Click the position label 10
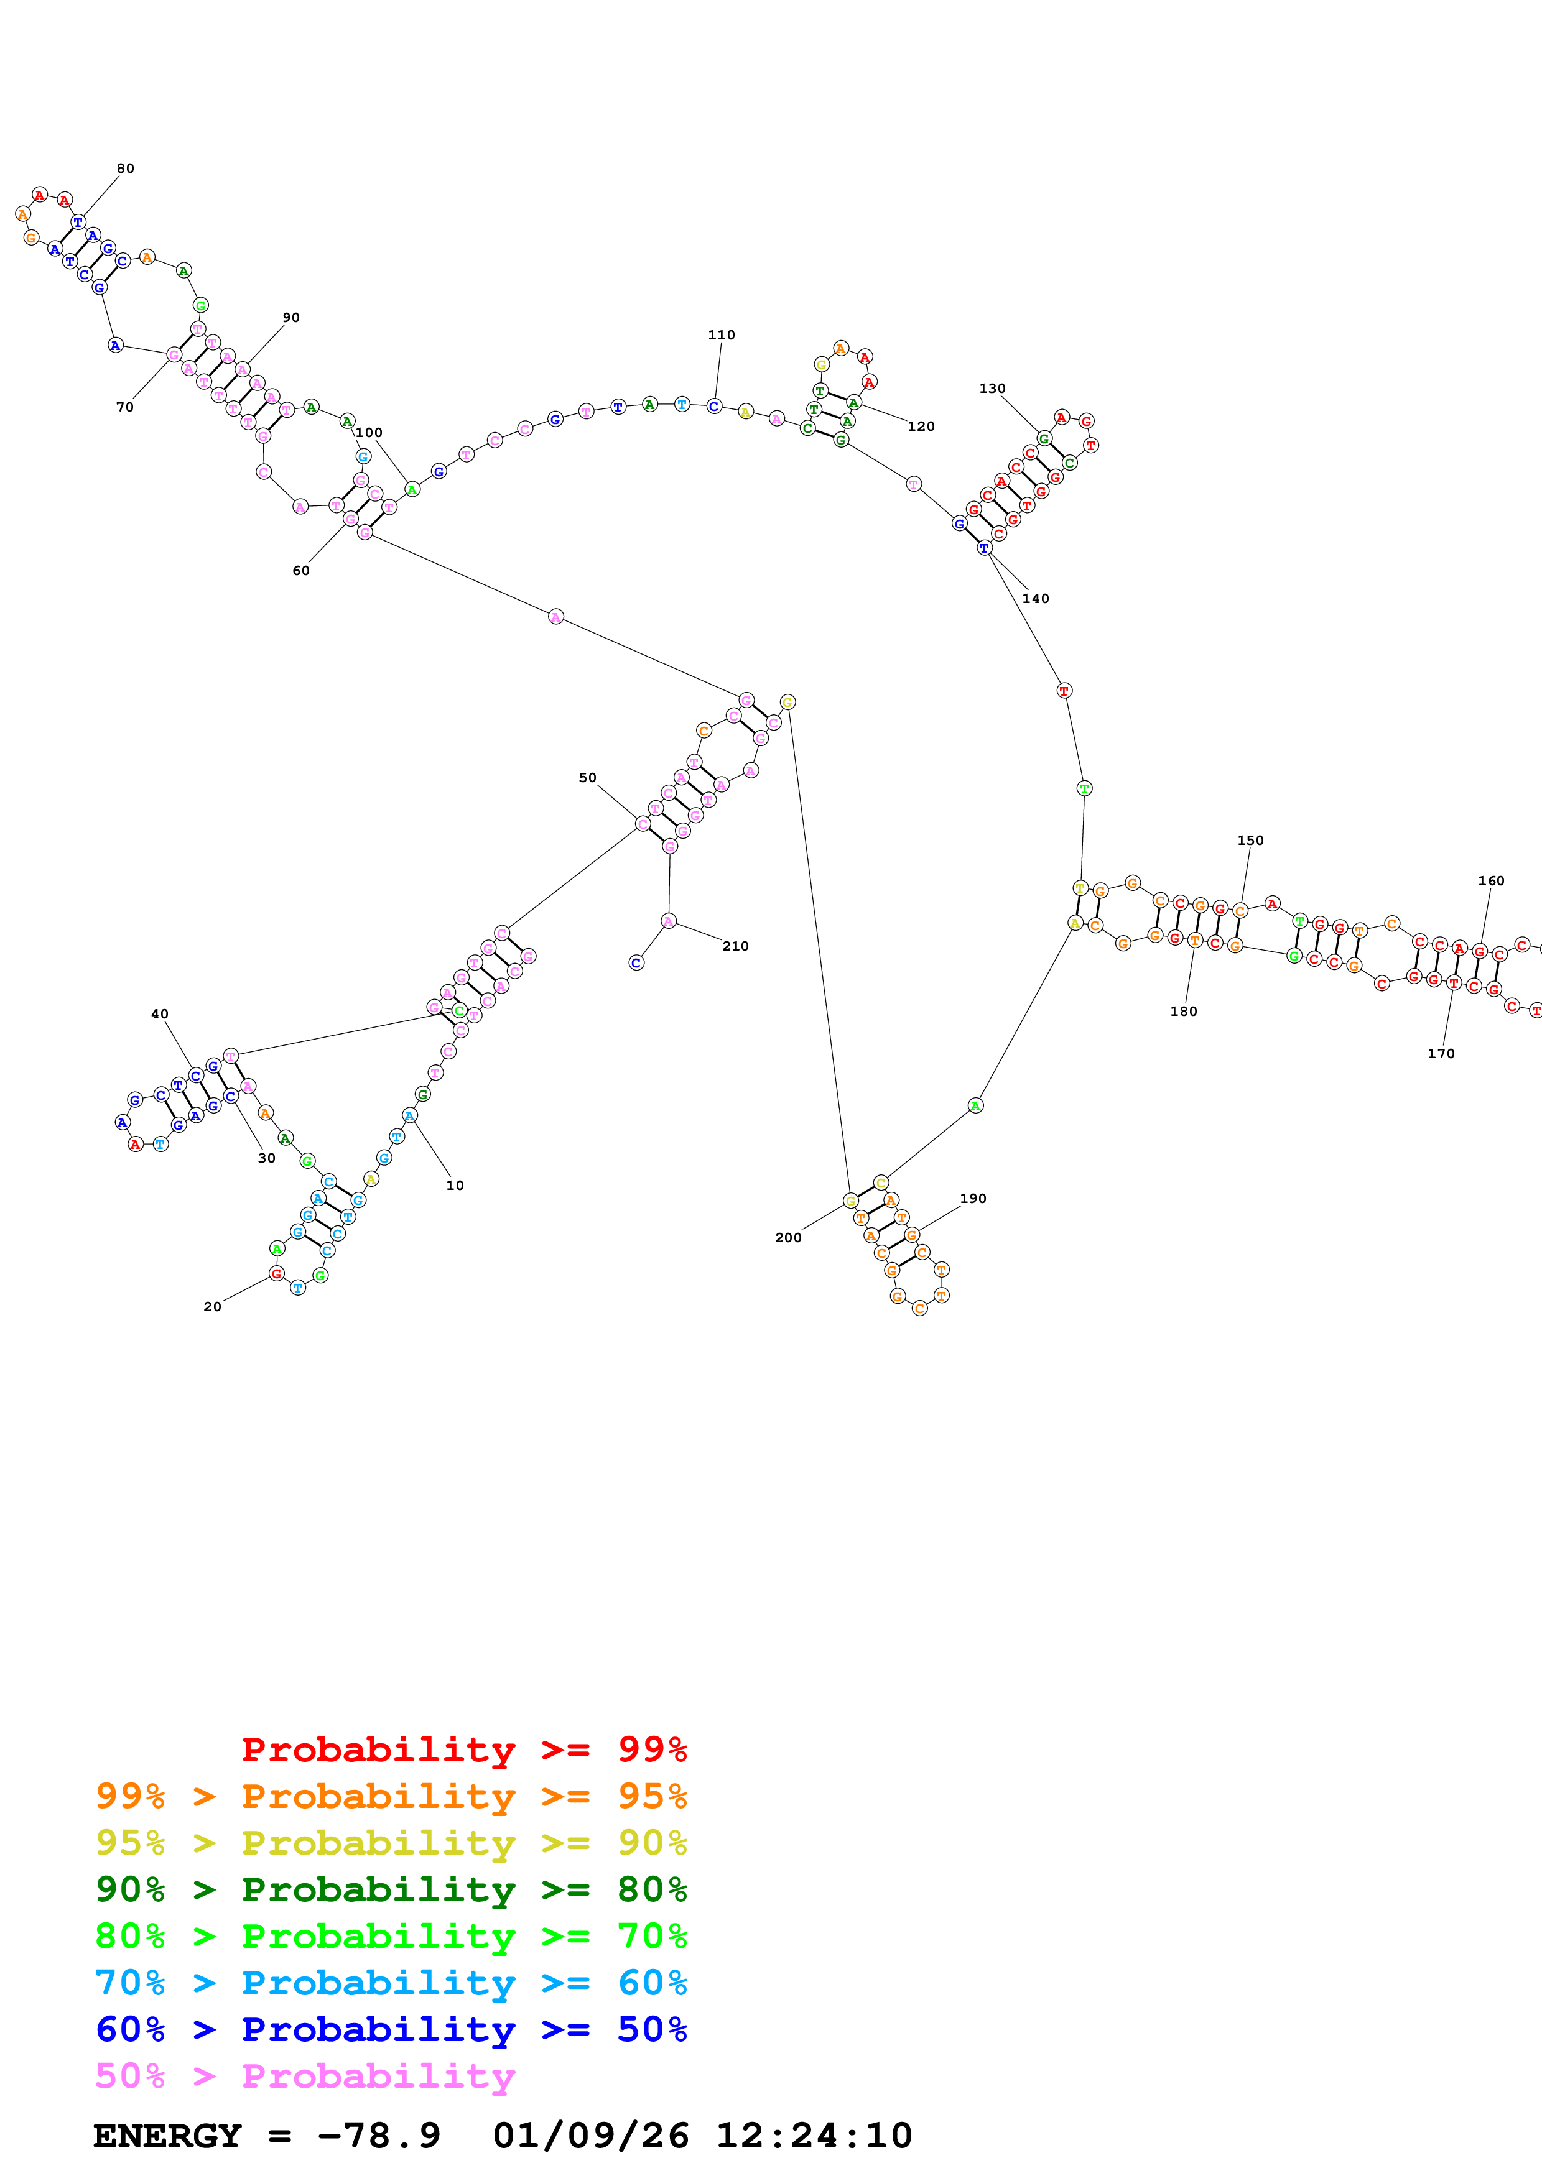(455, 1186)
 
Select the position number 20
(213, 1307)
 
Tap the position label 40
(160, 1015)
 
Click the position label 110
(721, 335)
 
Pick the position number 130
(992, 389)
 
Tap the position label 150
(1250, 841)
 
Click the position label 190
(973, 1199)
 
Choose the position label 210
(735, 946)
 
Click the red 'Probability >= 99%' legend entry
(463, 1750)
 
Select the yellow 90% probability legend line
(391, 1843)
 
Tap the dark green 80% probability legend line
(391, 1889)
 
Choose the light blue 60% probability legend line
(391, 1983)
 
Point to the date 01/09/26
(591, 2136)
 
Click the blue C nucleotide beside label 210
(636, 963)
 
